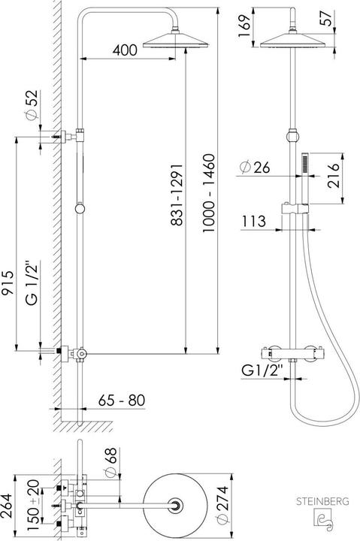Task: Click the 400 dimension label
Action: [x=125, y=50]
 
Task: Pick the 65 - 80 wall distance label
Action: [x=121, y=400]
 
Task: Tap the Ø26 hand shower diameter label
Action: [x=256, y=166]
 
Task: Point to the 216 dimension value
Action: [x=335, y=179]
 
